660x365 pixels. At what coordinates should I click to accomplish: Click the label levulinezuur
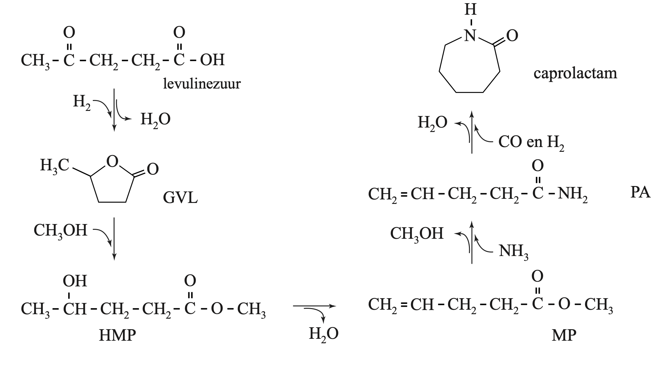(x=202, y=84)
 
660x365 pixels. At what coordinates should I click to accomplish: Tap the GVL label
(x=180, y=198)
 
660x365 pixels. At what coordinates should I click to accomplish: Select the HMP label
(x=117, y=336)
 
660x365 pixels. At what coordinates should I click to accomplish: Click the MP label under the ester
(x=564, y=336)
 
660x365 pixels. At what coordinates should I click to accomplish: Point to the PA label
(x=640, y=193)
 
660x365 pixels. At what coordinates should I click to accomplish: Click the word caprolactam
(x=575, y=73)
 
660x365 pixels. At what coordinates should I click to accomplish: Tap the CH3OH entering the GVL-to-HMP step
(x=60, y=230)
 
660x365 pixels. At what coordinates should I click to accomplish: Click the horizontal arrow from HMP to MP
(x=314, y=306)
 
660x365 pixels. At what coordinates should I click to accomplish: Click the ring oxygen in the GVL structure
(x=112, y=162)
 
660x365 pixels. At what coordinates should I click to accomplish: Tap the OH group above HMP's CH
(x=75, y=281)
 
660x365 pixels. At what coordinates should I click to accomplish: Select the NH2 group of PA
(x=573, y=194)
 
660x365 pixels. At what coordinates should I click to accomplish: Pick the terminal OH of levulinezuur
(x=212, y=60)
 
